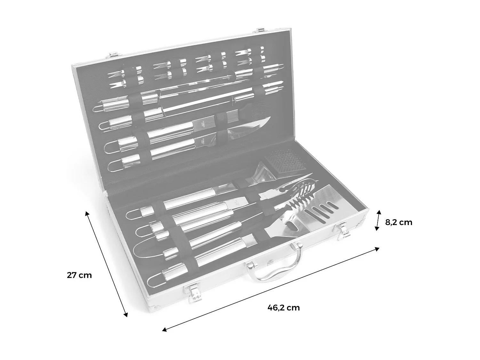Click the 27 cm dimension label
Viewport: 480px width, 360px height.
point(79,275)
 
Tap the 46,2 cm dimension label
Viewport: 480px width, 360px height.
point(284,308)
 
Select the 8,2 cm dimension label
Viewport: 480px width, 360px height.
point(398,222)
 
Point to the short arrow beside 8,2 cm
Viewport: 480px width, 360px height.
point(378,220)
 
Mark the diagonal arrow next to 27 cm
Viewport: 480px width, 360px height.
point(106,264)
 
